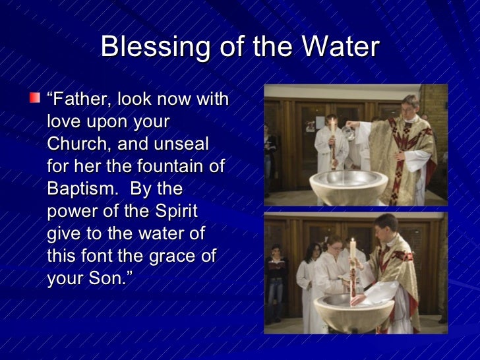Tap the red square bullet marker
(34, 98)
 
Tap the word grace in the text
(181, 255)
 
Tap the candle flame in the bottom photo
(352, 241)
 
